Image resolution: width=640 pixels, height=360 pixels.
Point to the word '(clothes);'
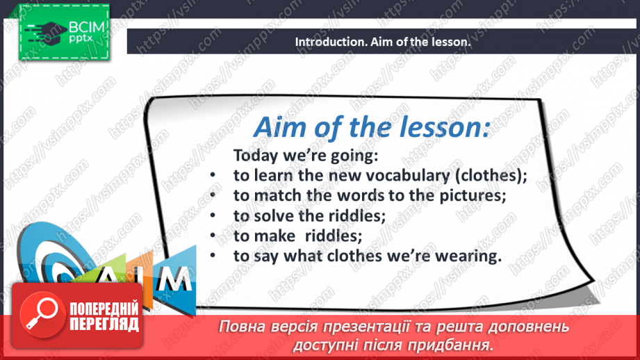coord(491,176)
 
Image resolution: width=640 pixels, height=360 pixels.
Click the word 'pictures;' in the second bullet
coord(473,196)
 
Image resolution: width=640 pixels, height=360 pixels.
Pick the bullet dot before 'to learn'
coord(213,176)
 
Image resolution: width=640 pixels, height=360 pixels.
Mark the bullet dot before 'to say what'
coord(213,256)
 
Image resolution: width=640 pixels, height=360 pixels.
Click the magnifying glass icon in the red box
coord(41,314)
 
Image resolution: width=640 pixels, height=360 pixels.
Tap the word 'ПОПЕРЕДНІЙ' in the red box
coord(104,309)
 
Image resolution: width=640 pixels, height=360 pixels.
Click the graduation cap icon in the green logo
coord(46,32)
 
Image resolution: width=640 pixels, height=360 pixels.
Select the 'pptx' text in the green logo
coord(81,38)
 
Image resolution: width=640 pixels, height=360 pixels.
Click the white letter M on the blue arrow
coord(174,279)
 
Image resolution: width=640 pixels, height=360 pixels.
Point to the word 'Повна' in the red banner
coord(239,327)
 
